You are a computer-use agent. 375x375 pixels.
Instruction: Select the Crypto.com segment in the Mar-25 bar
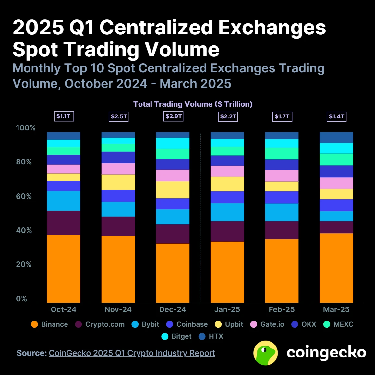[x=336, y=227]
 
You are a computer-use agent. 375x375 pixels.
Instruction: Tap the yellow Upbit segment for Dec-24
[x=173, y=189]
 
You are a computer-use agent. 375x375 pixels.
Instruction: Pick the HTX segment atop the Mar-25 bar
[x=336, y=138]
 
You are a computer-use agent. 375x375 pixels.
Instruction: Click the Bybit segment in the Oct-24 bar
[x=64, y=201]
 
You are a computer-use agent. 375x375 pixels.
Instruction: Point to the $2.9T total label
[x=174, y=116]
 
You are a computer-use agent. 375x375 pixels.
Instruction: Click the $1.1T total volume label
[x=64, y=116]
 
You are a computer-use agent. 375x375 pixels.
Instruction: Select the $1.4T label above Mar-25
[x=336, y=116]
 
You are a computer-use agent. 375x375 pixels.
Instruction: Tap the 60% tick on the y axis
[x=24, y=196]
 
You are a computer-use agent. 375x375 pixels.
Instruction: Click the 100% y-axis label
[x=25, y=128]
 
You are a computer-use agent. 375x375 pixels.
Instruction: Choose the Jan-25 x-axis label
[x=227, y=309]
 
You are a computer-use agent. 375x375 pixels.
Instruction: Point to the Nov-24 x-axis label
[x=118, y=309]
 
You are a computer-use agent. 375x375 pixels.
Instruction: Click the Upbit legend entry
[x=229, y=324]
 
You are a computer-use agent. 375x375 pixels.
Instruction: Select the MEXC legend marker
[x=327, y=324]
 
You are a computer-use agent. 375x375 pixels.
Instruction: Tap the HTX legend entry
[x=211, y=336]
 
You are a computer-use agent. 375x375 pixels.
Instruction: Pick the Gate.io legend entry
[x=267, y=324]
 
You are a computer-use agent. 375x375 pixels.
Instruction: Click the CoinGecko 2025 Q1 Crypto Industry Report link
[x=132, y=353]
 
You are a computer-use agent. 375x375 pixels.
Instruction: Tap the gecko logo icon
[x=265, y=353]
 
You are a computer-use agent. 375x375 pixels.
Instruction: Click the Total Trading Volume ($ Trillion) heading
[x=193, y=104]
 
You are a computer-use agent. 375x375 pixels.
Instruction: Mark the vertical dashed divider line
[x=200, y=217]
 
